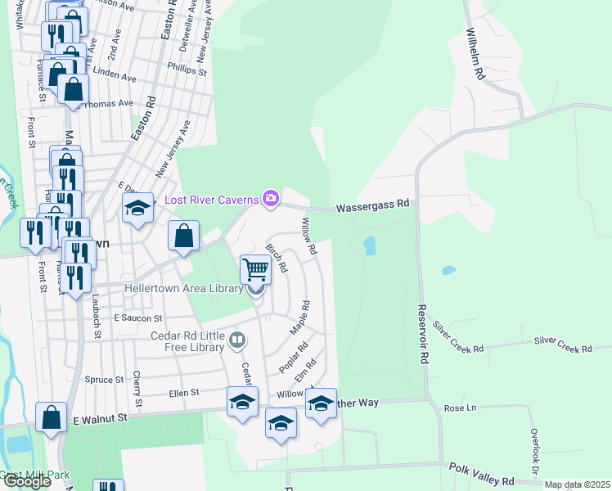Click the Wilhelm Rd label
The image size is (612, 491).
(476, 54)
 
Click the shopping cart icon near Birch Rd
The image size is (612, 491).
(256, 268)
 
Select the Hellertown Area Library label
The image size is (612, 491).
(183, 288)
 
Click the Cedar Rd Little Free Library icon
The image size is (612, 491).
(237, 339)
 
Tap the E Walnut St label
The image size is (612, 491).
(101, 418)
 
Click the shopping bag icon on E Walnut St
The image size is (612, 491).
(51, 417)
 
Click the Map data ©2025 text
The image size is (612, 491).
(578, 484)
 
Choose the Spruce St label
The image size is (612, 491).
(104, 380)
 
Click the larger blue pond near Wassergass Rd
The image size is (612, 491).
(369, 245)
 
